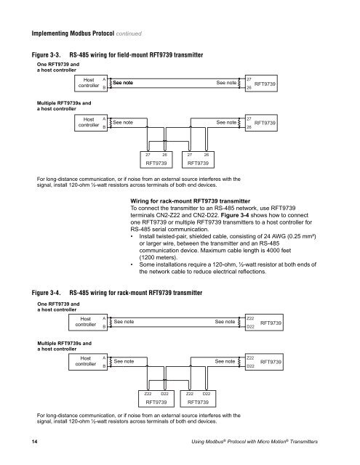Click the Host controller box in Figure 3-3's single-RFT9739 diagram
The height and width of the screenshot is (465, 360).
tap(89, 84)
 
